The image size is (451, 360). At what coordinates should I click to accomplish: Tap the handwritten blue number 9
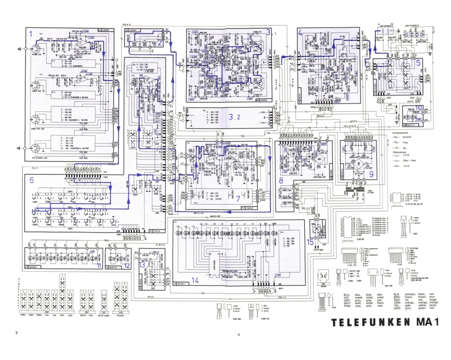coord(371,173)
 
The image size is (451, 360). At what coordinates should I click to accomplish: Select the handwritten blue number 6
coord(32,180)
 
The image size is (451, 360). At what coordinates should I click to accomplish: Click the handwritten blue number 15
coord(311,242)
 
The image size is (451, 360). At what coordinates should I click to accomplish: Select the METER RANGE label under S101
coord(103,315)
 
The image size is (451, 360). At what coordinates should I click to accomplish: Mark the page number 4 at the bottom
coord(239,334)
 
